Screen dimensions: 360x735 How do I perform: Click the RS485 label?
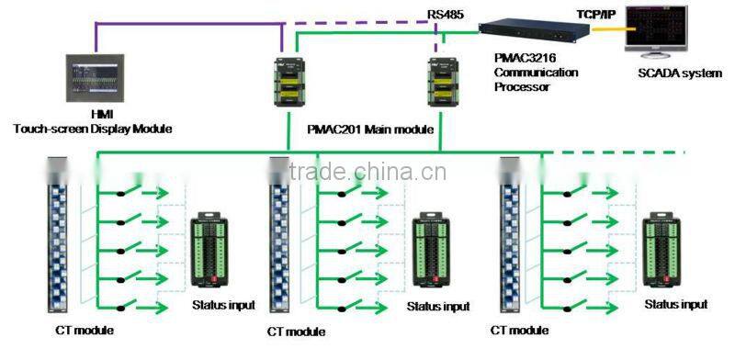pyautogui.click(x=446, y=16)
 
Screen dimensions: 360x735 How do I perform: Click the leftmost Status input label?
pyautogui.click(x=223, y=305)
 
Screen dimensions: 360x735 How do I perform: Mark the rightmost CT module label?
pyautogui.click(x=521, y=331)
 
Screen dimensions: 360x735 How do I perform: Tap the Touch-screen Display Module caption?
pyautogui.click(x=93, y=129)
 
